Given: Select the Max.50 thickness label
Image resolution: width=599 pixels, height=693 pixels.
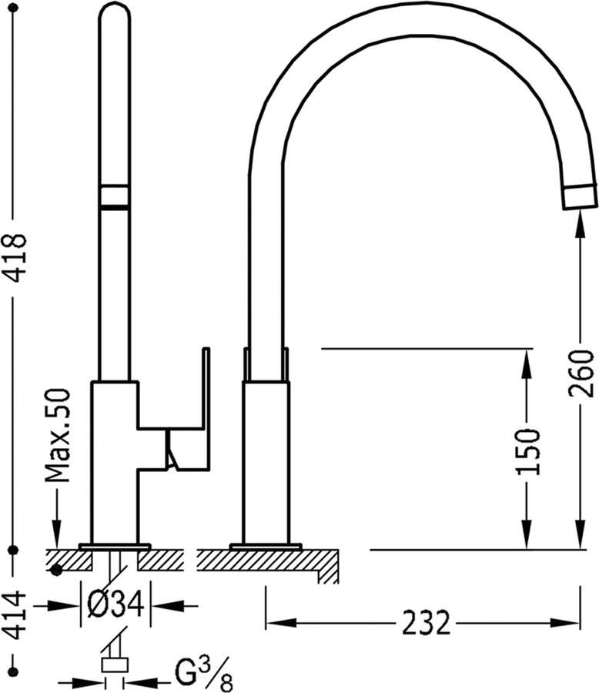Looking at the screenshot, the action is (x=58, y=435).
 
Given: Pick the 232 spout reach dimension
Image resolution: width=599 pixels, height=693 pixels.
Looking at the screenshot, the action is (x=426, y=622).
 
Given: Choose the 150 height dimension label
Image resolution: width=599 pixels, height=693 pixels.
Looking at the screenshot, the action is (x=528, y=451).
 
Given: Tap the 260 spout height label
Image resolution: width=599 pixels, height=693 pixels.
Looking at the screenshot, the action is (x=581, y=373).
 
